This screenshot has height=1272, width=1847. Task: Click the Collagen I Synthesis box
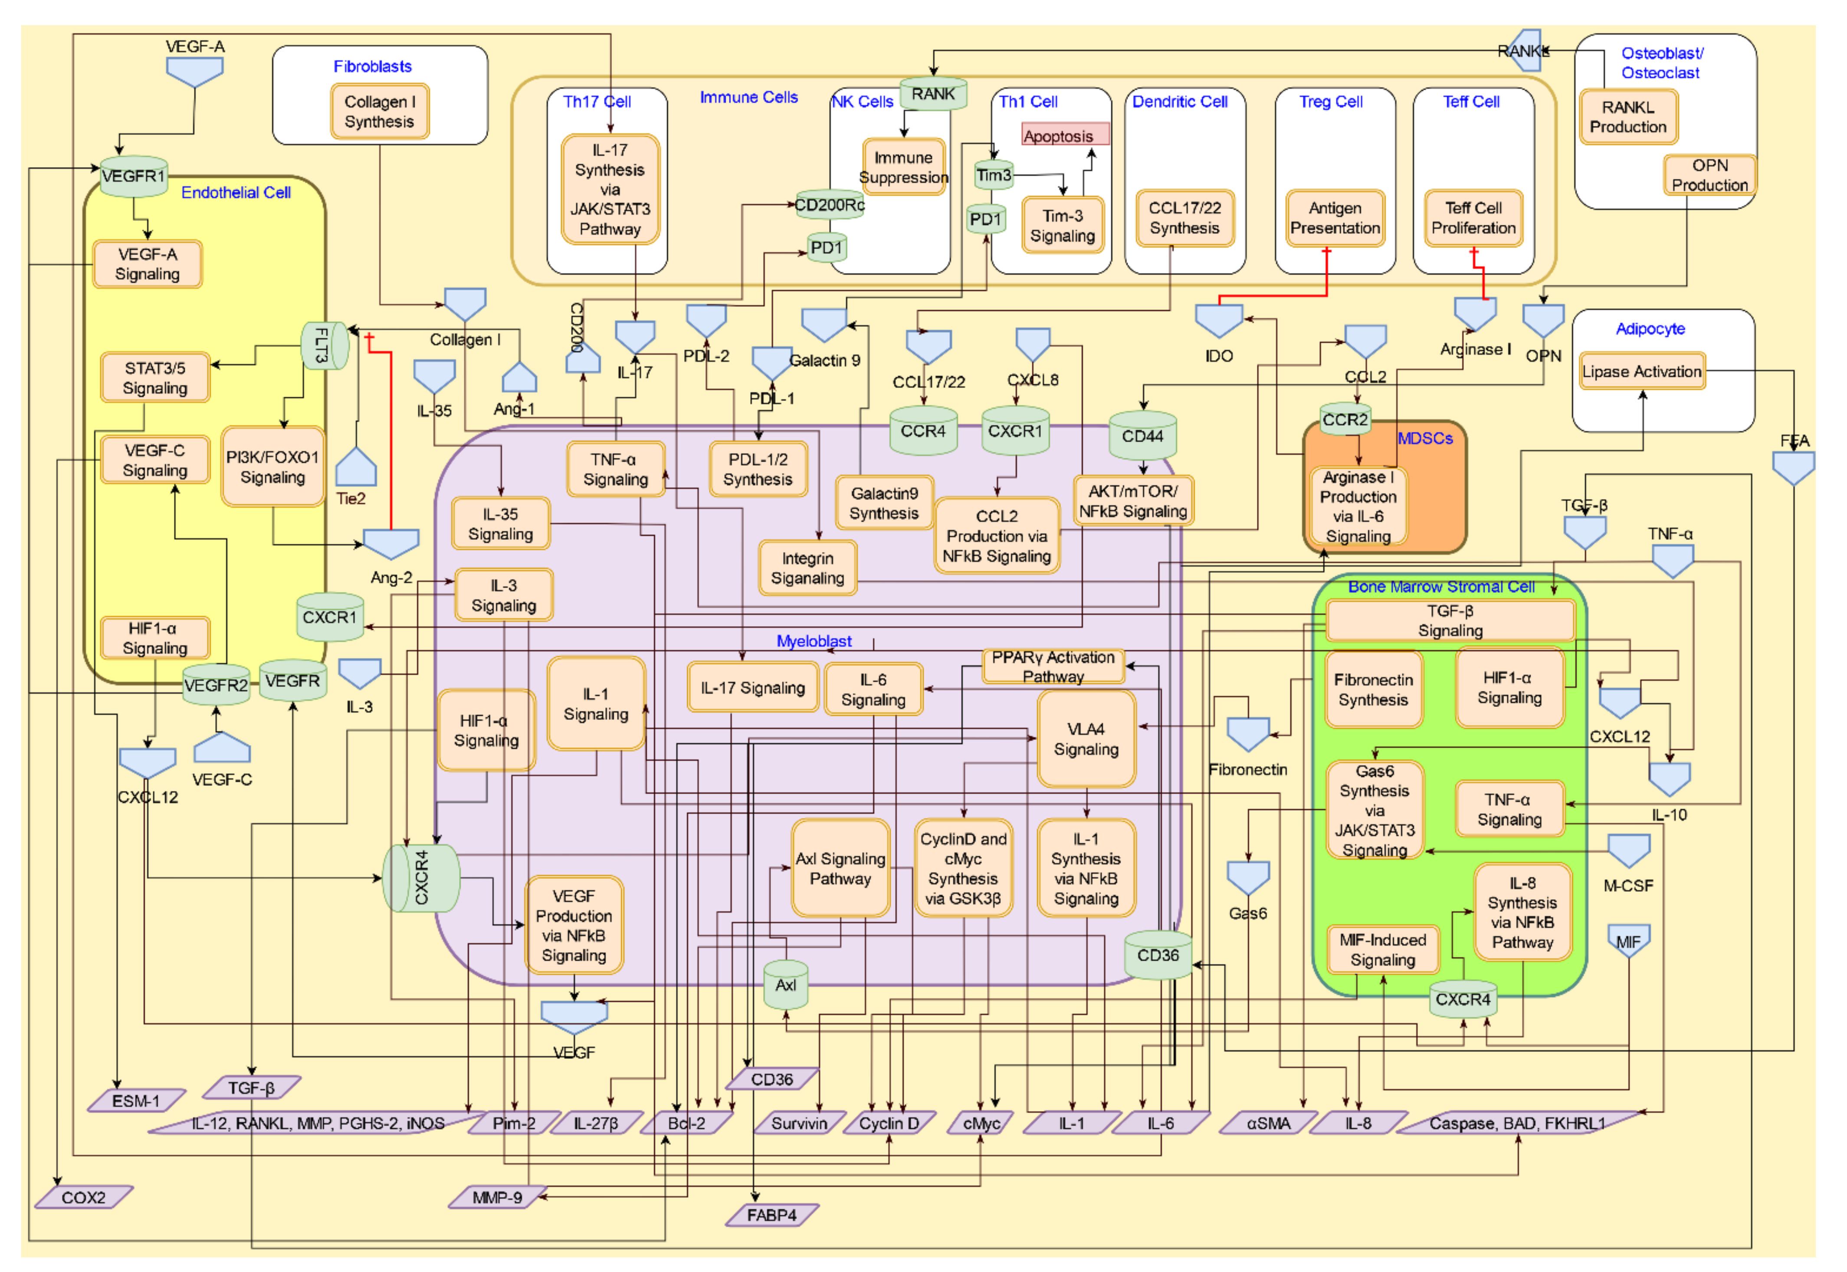[379, 112]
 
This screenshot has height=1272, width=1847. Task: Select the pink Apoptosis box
[1065, 135]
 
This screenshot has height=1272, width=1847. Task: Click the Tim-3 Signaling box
[1062, 226]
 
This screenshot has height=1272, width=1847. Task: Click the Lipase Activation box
[1641, 371]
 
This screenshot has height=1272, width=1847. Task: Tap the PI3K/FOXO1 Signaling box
[272, 467]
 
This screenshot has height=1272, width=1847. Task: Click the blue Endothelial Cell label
[236, 193]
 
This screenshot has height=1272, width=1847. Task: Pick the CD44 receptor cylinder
[1143, 436]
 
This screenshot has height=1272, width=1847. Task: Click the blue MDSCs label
[1425, 438]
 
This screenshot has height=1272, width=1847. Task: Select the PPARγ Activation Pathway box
[1053, 666]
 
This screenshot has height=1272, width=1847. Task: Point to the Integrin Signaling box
[807, 568]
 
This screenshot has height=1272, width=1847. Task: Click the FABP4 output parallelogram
[771, 1215]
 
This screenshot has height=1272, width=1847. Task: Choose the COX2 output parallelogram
[84, 1197]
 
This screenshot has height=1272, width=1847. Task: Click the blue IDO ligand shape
[1218, 320]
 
